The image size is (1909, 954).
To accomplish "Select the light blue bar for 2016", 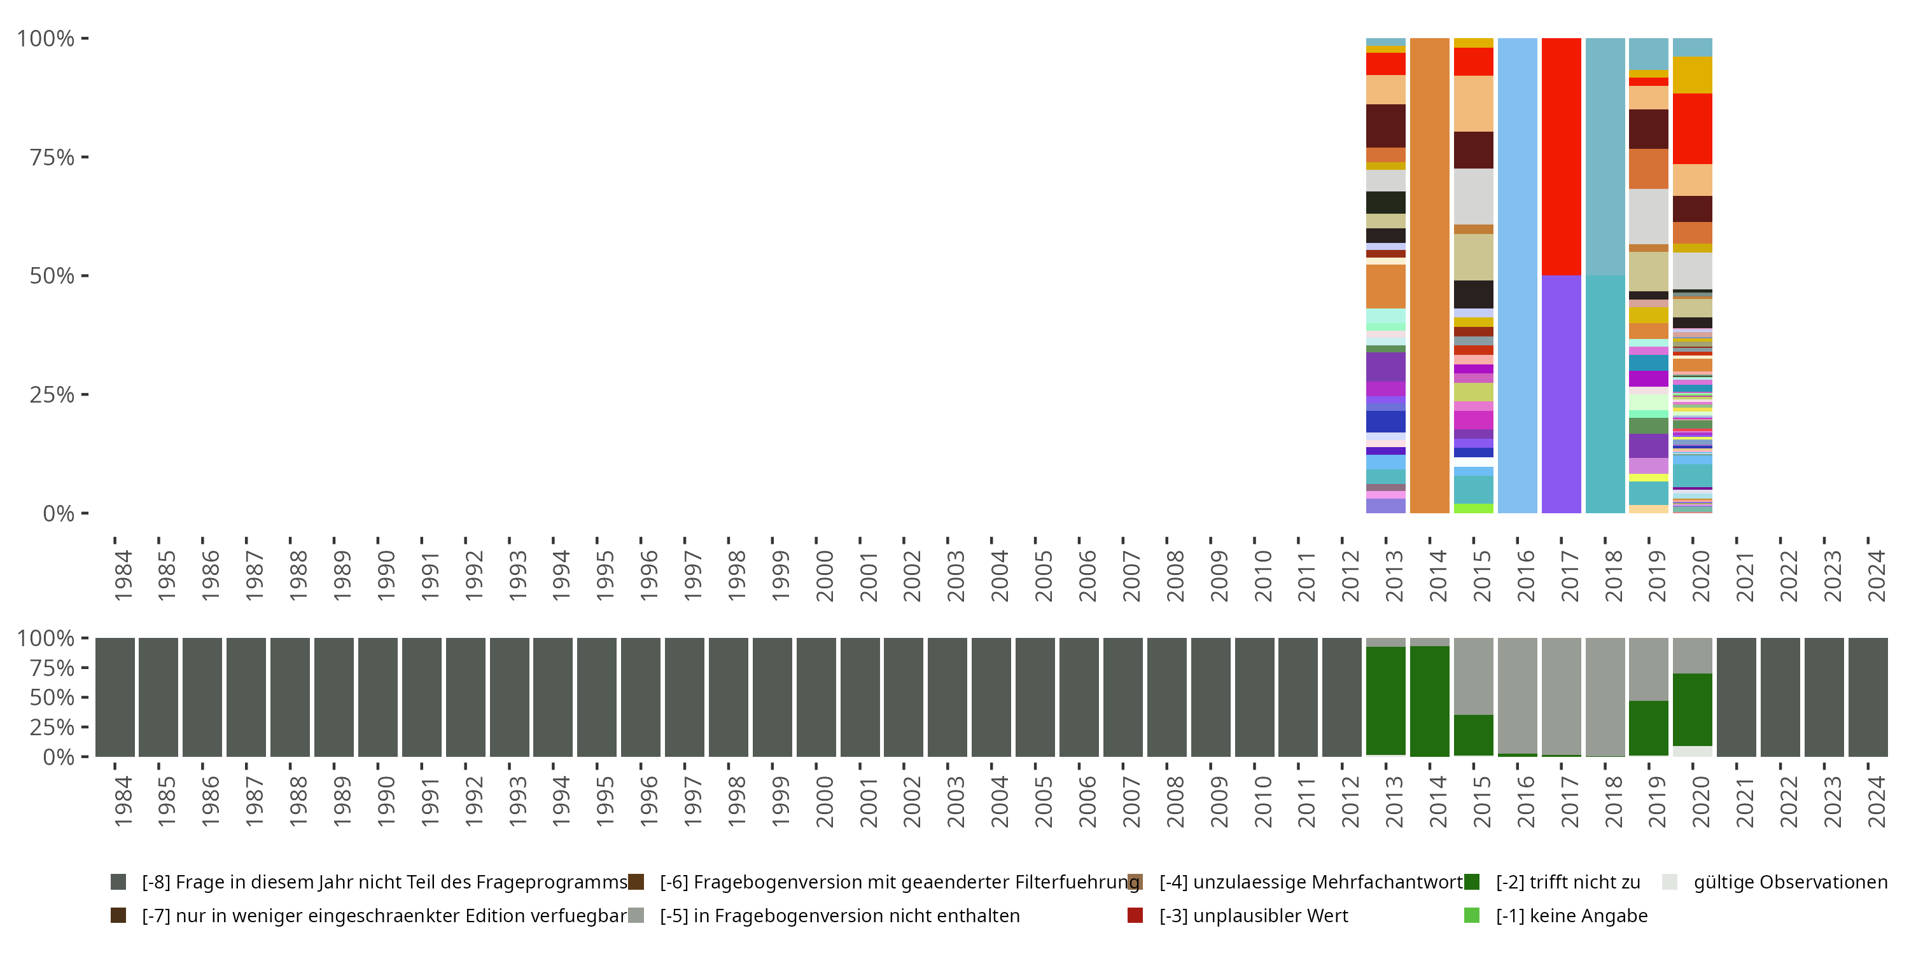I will (1517, 275).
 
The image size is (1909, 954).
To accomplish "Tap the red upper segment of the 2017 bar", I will (1561, 156).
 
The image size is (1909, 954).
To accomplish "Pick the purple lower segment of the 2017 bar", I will (1561, 394).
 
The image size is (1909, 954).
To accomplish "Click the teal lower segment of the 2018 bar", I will (1604, 394).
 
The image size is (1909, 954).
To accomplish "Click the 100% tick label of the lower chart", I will (46, 638).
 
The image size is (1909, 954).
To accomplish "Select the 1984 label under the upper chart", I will (123, 575).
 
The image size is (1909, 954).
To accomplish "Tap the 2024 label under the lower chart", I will (1877, 801).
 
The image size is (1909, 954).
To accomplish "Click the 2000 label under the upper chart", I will (825, 575).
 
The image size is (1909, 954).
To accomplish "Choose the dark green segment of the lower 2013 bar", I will (1385, 701).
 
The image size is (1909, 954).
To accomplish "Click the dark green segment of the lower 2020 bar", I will (1692, 709).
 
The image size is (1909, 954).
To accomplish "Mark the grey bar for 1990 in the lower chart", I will (377, 697).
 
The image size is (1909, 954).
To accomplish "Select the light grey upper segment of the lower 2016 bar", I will (1517, 695).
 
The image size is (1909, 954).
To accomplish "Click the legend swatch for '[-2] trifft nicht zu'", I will (1471, 881).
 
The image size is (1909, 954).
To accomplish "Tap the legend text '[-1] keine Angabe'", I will (1571, 915).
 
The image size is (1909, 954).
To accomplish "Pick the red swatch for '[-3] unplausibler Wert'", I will (1135, 915).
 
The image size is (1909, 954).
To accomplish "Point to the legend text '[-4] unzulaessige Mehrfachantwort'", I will (1310, 881).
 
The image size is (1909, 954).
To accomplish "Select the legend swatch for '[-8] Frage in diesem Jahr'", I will (118, 881).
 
